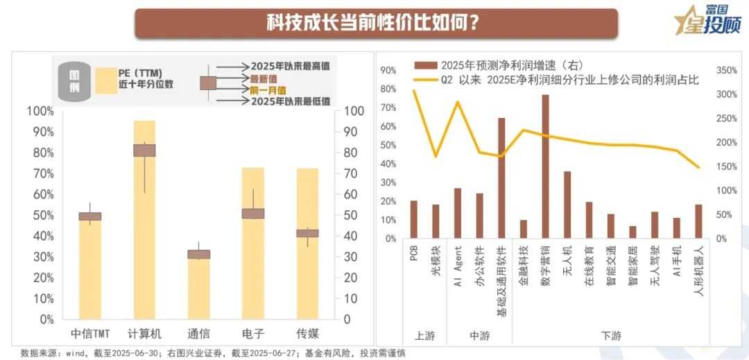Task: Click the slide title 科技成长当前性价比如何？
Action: pos(375,23)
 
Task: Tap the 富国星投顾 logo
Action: pos(708,21)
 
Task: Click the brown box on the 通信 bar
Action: pos(199,255)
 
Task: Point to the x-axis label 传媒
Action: pos(308,333)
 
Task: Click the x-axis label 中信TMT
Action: pos(90,333)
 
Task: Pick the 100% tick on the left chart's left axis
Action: pos(40,112)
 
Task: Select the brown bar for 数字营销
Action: pos(545,166)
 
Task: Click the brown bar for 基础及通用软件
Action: pos(501,178)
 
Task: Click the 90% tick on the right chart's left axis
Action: pos(388,71)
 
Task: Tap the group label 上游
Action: pos(424,336)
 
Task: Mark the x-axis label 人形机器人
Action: pos(699,277)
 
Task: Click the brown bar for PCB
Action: pos(414,219)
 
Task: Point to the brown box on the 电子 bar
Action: pos(253,214)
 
